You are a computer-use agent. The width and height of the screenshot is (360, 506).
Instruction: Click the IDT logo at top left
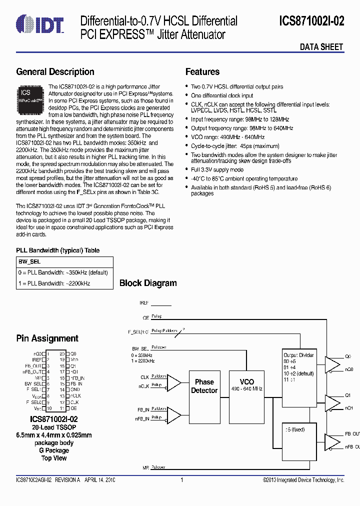40,23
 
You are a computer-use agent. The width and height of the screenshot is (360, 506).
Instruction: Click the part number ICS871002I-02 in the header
311,21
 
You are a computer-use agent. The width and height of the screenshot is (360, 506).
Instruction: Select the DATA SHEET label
321,47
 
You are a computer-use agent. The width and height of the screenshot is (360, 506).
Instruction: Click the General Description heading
55,72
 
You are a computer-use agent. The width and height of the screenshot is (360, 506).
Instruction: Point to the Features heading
202,72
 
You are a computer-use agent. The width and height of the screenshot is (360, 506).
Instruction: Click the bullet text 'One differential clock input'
222,95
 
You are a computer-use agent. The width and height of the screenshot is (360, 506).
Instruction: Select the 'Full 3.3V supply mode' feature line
217,169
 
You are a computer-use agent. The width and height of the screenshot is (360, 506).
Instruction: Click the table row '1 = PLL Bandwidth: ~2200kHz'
53,283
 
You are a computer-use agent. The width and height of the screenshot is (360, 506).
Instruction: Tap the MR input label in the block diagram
144,467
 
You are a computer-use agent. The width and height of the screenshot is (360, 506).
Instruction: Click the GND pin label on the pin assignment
75,389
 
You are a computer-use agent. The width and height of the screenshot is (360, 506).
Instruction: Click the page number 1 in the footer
181,480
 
